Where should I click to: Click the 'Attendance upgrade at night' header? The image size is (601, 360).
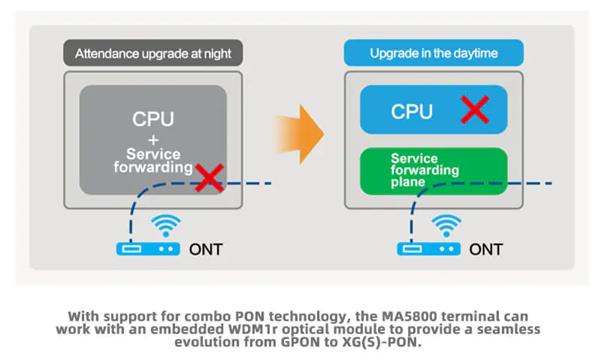[x=153, y=54]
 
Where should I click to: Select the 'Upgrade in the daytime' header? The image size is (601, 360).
[x=433, y=54]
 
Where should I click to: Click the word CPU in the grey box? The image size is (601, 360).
[x=153, y=119]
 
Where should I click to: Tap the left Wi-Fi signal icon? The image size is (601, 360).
[x=166, y=225]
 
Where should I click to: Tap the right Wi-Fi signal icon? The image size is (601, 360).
[x=447, y=225]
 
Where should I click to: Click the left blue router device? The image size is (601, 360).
[x=148, y=248]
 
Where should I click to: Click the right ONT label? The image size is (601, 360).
[x=486, y=249]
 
